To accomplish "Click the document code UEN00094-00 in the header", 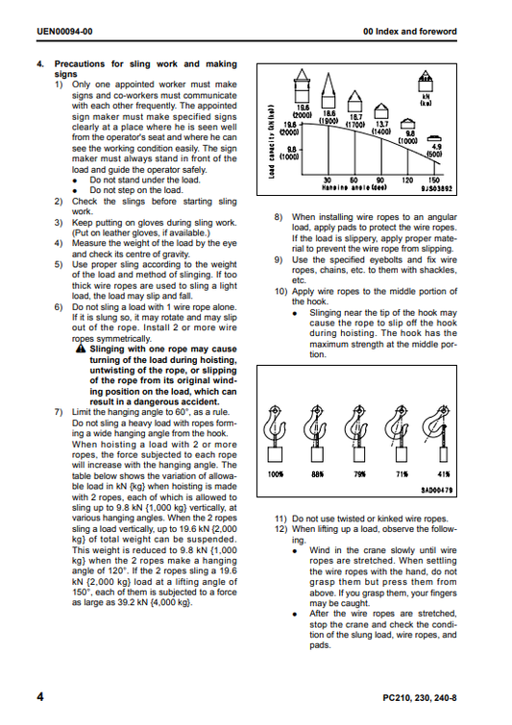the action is [x=64, y=32].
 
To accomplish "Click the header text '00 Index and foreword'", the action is [x=410, y=32].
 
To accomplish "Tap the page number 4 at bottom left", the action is [x=40, y=697].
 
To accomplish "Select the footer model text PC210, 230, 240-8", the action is [x=420, y=698].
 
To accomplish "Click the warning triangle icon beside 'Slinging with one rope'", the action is [x=81, y=349].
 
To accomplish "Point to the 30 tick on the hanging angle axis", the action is [x=328, y=181].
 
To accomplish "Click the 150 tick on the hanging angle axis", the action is [x=434, y=181].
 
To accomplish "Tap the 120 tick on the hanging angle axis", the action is [x=407, y=181].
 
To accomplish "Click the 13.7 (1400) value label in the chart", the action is [x=382, y=128].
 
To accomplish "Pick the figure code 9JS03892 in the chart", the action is [x=437, y=188].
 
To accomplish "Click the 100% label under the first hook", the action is [x=275, y=474].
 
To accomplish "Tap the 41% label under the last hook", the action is [x=444, y=474].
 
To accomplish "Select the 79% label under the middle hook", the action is [x=359, y=474].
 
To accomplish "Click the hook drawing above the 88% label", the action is [x=316, y=424].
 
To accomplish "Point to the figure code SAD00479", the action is [x=437, y=490].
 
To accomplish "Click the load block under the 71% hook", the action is [x=402, y=454].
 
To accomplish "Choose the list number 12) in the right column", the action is [x=280, y=529].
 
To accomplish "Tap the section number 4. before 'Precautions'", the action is [x=40, y=63].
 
